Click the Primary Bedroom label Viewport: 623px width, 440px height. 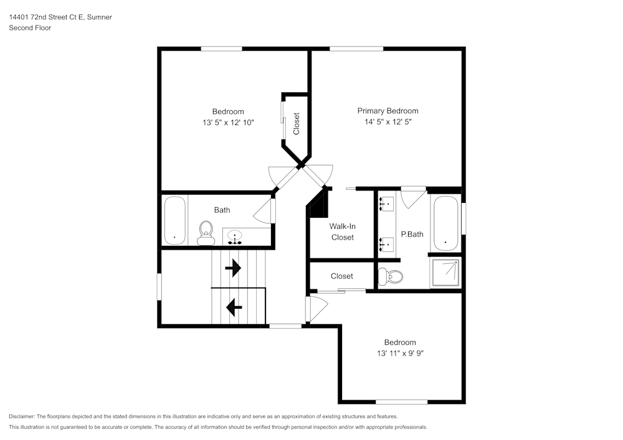pyautogui.click(x=388, y=111)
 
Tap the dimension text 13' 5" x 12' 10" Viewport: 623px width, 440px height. pyautogui.click(x=228, y=123)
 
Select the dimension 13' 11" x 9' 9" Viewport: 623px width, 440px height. pyautogui.click(x=399, y=353)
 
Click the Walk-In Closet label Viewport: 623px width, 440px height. pyautogui.click(x=342, y=232)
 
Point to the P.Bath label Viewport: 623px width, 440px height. pyautogui.click(x=412, y=234)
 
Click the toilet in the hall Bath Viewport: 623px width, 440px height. pyautogui.click(x=204, y=233)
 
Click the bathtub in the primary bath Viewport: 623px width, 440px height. pyautogui.click(x=445, y=223)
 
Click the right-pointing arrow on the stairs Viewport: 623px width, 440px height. pyautogui.click(x=233, y=268)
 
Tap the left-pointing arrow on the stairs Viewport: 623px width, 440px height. pyautogui.click(x=234, y=306)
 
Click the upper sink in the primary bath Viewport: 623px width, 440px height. pyautogui.click(x=386, y=204)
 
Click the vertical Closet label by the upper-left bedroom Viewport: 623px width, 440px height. pyautogui.click(x=297, y=123)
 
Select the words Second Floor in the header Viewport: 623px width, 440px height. pyautogui.click(x=30, y=28)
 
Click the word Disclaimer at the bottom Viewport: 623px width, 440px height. pyautogui.click(x=22, y=416)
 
